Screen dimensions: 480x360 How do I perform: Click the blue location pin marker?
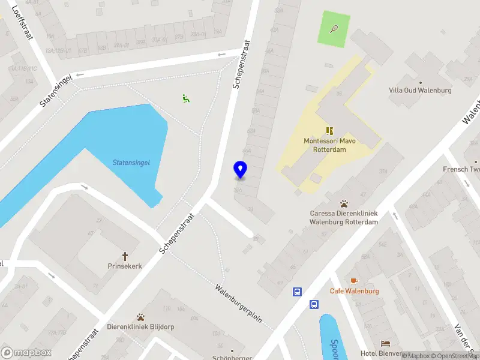coord(240,170)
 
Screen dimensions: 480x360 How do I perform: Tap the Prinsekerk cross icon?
coord(125,256)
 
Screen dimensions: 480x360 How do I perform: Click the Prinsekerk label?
coord(125,266)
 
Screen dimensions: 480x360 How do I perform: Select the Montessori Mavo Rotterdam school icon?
coord(329,131)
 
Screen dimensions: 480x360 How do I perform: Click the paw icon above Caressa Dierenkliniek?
coord(344,204)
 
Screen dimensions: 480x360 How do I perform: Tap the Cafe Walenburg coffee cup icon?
coord(354,281)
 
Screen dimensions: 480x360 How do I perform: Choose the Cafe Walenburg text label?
coord(354,291)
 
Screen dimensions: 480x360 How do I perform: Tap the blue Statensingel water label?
coord(131,162)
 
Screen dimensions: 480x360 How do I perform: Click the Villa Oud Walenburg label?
coord(420,91)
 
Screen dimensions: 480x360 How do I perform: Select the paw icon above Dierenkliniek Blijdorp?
coord(141,317)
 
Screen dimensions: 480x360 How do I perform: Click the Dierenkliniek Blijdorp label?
coord(140,327)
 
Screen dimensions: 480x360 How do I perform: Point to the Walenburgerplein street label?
coord(239,303)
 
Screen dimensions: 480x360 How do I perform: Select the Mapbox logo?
coord(26,353)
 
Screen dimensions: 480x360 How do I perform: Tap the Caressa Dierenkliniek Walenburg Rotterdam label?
coord(343,217)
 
